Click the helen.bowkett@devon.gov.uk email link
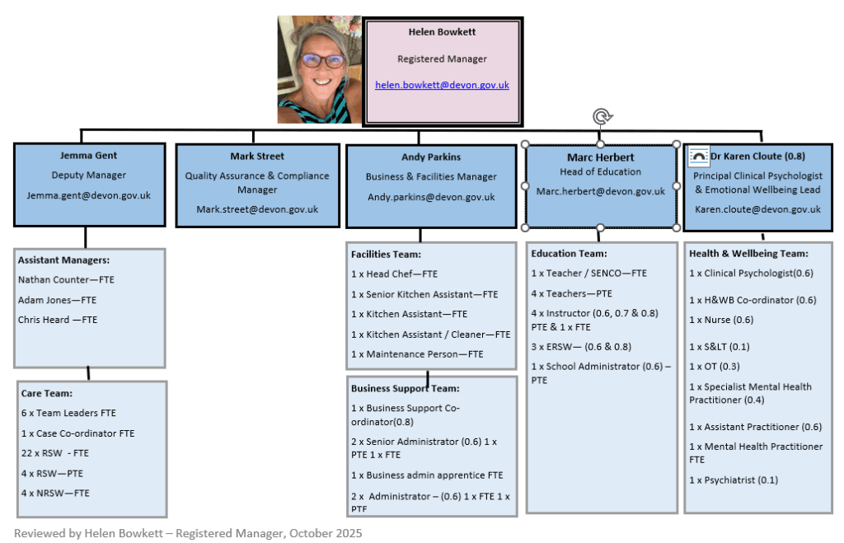coord(442,85)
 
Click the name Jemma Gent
coord(88,155)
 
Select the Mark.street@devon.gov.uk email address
coord(256,209)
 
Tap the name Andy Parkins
coord(431,157)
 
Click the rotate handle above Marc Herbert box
coord(602,117)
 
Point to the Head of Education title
coord(600,172)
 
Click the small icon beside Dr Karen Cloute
coord(698,155)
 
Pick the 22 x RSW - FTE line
coord(54,453)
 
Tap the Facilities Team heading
coord(386,255)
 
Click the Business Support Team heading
coord(405,388)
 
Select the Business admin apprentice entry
coord(427,475)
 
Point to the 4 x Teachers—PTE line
coord(572,293)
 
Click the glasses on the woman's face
coord(322,61)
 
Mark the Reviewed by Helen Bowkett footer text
coord(188,533)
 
